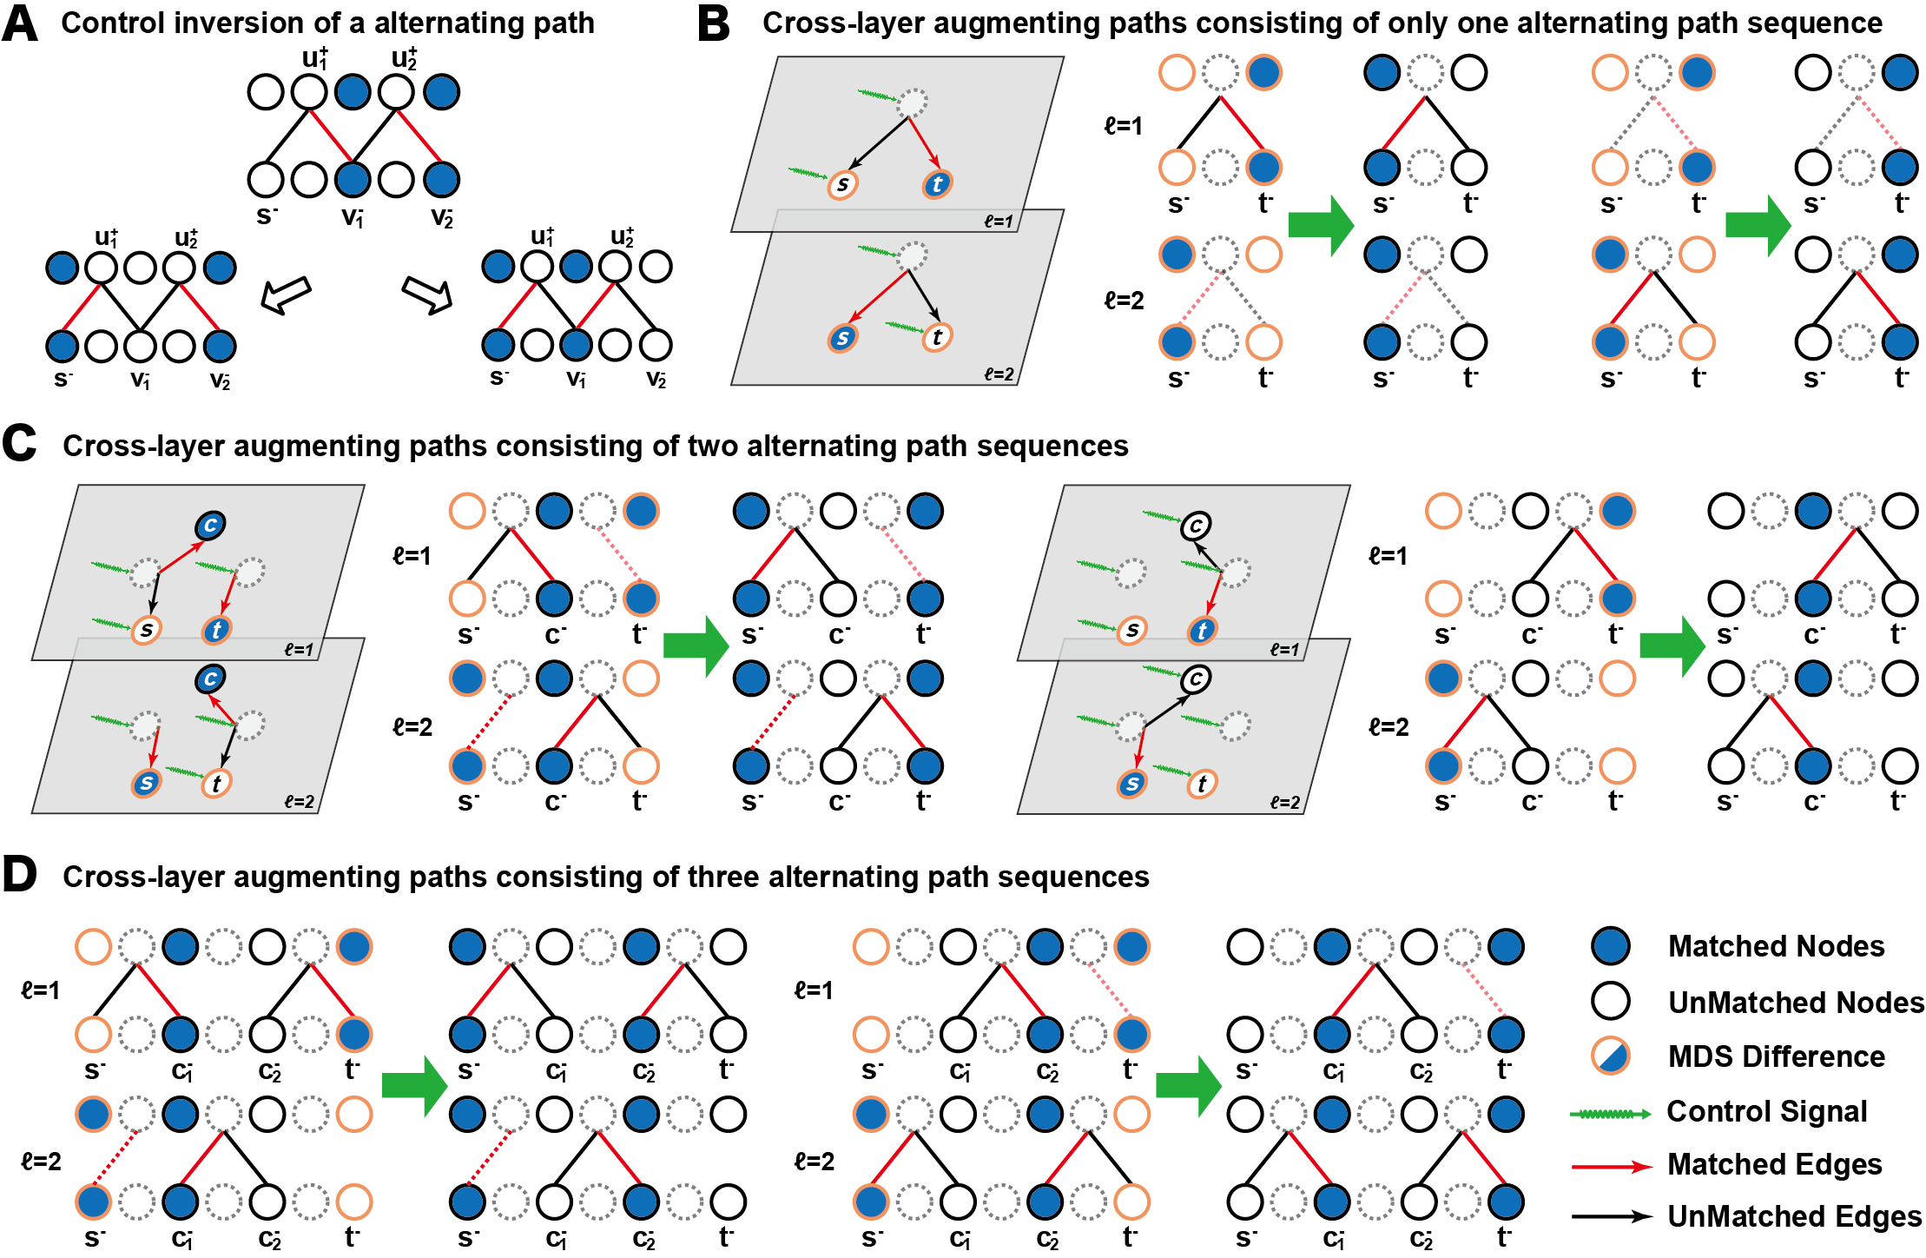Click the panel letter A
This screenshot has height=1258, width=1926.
point(20,23)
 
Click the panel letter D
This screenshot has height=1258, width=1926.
point(20,874)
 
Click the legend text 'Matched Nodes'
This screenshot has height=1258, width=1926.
point(1776,946)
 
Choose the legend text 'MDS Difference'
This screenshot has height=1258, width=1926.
point(1776,1056)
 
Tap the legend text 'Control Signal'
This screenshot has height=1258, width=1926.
point(1766,1111)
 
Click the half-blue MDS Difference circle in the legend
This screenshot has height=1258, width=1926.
point(1611,1056)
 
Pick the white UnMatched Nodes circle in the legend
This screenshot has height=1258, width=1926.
point(1611,1001)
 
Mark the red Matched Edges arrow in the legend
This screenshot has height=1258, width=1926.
point(1612,1166)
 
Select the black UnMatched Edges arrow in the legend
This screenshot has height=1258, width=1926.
point(1612,1217)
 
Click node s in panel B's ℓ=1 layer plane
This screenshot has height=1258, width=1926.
point(842,184)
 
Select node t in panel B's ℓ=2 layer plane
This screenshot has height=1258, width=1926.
point(936,337)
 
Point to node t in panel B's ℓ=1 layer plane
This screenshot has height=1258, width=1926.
point(937,184)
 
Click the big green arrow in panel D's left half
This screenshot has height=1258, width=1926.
point(414,1086)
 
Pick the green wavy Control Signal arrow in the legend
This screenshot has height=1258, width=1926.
point(1611,1114)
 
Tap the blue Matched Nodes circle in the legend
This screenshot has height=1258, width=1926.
point(1611,946)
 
